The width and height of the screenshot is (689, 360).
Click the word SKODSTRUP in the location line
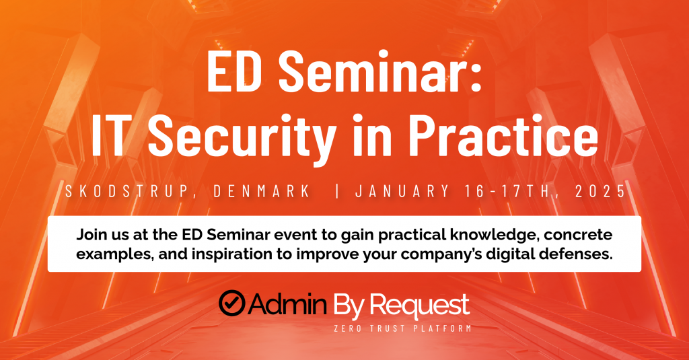(127, 191)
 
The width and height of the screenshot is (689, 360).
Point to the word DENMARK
(262, 191)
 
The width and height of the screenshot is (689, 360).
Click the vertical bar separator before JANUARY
(337, 191)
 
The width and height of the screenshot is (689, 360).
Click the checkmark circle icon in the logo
(231, 303)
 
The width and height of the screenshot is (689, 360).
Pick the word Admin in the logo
(288, 303)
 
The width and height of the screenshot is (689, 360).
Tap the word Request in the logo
(420, 305)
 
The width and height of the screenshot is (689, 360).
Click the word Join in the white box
(92, 235)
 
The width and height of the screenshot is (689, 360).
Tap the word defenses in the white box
(575, 254)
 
